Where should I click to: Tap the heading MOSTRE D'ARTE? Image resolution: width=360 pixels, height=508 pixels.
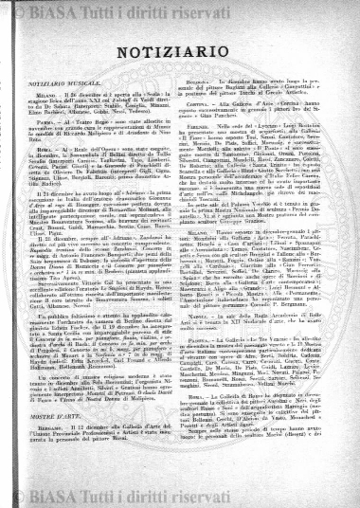(x=52, y=441)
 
